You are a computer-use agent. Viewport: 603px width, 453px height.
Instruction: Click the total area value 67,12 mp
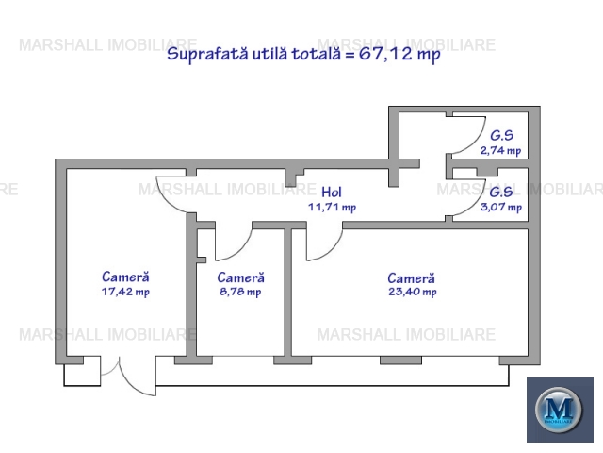[x=399, y=54]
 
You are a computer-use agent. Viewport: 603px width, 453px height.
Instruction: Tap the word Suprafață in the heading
[x=207, y=54]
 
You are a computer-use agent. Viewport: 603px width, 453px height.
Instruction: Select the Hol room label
[x=332, y=192]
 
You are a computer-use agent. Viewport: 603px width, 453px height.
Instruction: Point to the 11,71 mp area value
[x=332, y=208]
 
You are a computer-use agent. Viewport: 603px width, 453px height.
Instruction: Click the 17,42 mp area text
[x=125, y=292]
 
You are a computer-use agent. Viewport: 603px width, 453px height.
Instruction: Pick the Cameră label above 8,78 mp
[x=241, y=277]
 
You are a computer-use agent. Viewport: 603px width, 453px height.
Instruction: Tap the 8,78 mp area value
[x=240, y=292]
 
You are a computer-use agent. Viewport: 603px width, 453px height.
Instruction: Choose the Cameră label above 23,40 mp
[x=411, y=278]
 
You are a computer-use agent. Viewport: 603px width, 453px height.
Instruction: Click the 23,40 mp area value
[x=413, y=292]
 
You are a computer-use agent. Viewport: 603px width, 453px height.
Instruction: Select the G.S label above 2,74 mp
[x=502, y=135]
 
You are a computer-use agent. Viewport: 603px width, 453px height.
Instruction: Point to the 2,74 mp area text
[x=500, y=150]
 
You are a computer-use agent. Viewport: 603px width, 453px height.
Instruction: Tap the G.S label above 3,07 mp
[x=501, y=192]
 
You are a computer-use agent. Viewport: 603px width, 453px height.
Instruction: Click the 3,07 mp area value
[x=501, y=207]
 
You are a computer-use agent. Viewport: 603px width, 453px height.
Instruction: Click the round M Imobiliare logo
[x=558, y=410]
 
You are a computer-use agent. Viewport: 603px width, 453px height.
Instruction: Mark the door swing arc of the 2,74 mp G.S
[x=478, y=141]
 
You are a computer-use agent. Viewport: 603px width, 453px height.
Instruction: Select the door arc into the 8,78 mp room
[x=243, y=250]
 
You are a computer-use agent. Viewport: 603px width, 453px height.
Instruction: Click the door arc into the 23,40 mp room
[x=334, y=250]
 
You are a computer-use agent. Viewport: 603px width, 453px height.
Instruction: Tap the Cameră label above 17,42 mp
[x=125, y=277]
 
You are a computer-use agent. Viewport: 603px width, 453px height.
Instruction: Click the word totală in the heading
[x=317, y=54]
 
